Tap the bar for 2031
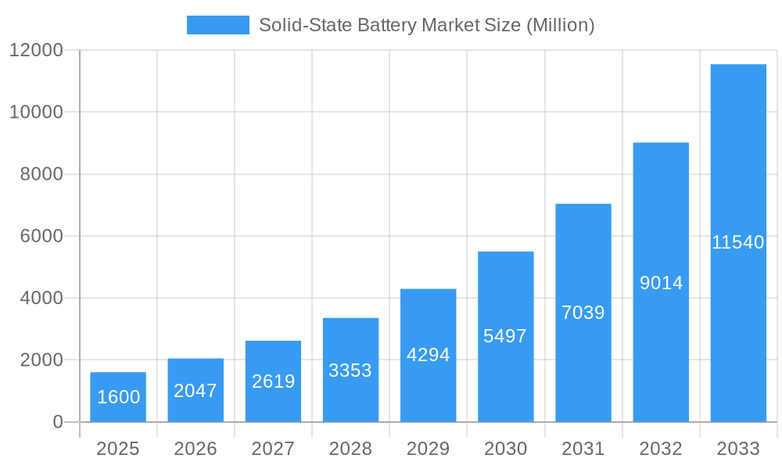583,313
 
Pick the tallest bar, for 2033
738,243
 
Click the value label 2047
195,391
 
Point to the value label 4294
429,355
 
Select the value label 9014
661,283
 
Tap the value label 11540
738,242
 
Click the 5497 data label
505,336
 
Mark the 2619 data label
273,381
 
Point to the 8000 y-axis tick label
41,174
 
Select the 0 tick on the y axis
57,422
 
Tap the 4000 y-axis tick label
41,298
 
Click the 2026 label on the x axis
195,449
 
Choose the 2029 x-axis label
429,449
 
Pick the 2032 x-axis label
661,449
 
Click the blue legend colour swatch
217,25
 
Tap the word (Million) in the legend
560,25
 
